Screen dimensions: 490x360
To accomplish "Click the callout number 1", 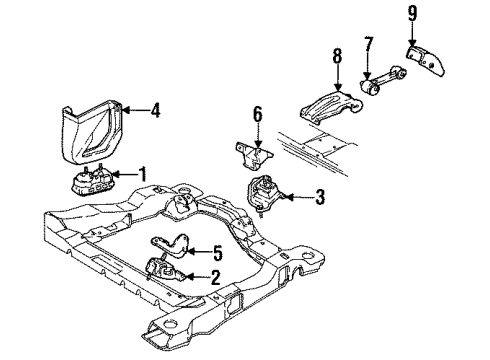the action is point(143,174).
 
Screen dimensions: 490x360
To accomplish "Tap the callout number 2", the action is point(216,277).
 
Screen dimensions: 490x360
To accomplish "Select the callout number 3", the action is point(320,197).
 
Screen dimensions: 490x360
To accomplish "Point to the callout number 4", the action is point(155,110).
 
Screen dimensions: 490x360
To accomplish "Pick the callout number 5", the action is point(217,253).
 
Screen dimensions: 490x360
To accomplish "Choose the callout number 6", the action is point(258,114).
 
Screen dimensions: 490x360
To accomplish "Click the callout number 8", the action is point(337,56).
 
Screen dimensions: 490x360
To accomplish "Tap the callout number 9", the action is point(413,14).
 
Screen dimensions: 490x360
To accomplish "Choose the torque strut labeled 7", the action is point(383,81).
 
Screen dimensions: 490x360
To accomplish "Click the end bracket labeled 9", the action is point(427,61).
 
